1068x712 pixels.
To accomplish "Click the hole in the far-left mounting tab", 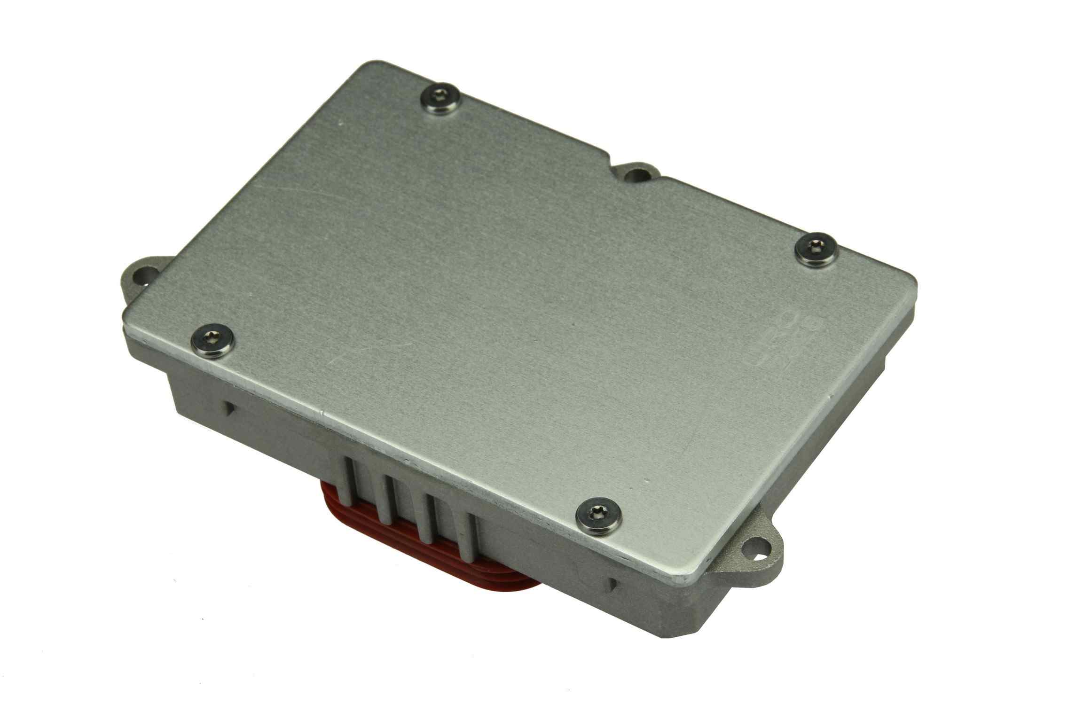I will pos(141,276).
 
